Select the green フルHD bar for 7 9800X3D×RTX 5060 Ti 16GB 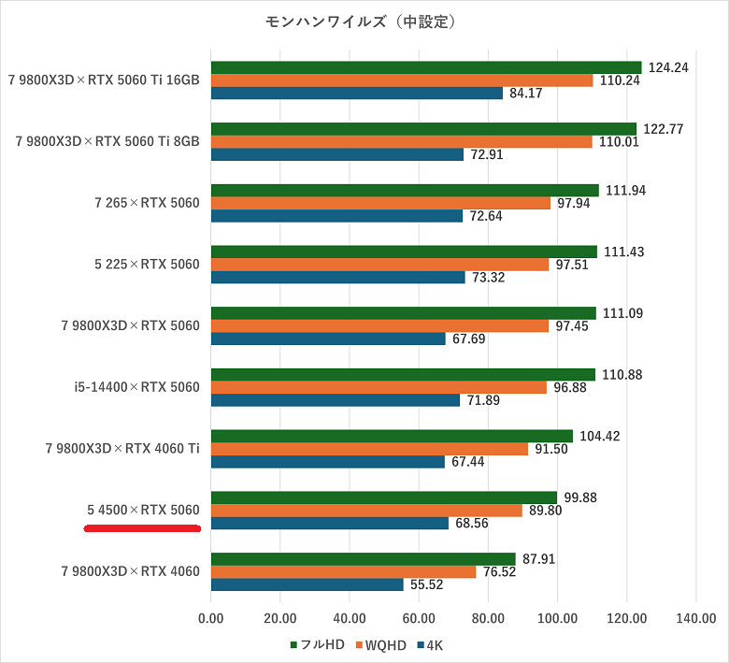[426, 67]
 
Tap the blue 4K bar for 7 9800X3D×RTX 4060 [307, 584]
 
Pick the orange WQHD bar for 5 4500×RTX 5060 [366, 511]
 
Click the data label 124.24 [667, 67]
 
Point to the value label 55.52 [428, 584]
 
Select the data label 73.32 [490, 277]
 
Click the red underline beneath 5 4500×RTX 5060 [143, 528]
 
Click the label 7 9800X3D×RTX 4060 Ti [122, 449]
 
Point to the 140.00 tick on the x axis [696, 617]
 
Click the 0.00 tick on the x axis [211, 617]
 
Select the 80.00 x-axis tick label [488, 617]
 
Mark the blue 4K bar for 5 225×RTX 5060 [338, 277]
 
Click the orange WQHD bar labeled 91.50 [369, 449]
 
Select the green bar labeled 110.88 [403, 375]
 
